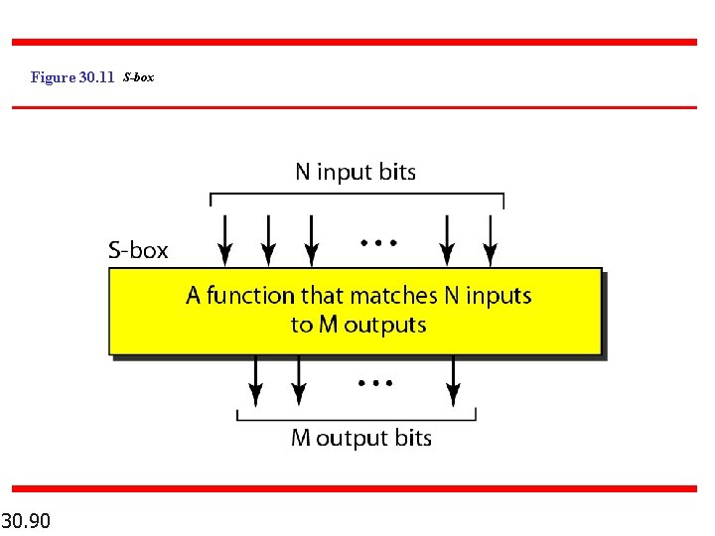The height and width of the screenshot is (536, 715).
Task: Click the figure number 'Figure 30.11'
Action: pos(72,77)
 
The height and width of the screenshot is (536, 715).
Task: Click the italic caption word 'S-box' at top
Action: pos(139,77)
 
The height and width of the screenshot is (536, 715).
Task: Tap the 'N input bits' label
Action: pos(356,172)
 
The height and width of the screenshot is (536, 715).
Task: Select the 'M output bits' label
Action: pos(360,438)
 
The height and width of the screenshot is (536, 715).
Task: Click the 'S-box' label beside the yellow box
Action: pos(138,250)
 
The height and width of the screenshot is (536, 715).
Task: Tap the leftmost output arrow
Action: pos(255,381)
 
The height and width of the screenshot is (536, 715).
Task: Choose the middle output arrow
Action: pos(298,381)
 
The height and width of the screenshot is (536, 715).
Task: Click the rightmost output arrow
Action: pos(453,381)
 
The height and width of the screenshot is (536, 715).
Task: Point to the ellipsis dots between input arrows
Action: pos(378,241)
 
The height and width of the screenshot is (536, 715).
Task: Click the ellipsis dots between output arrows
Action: pos(375,381)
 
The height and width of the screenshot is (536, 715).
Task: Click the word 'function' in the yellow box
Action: pos(250,296)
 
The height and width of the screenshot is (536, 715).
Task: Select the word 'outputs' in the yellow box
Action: pos(384,325)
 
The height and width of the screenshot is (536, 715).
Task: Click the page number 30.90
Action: pos(27,520)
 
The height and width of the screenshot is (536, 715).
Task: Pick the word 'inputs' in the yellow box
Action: pos(499,296)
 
